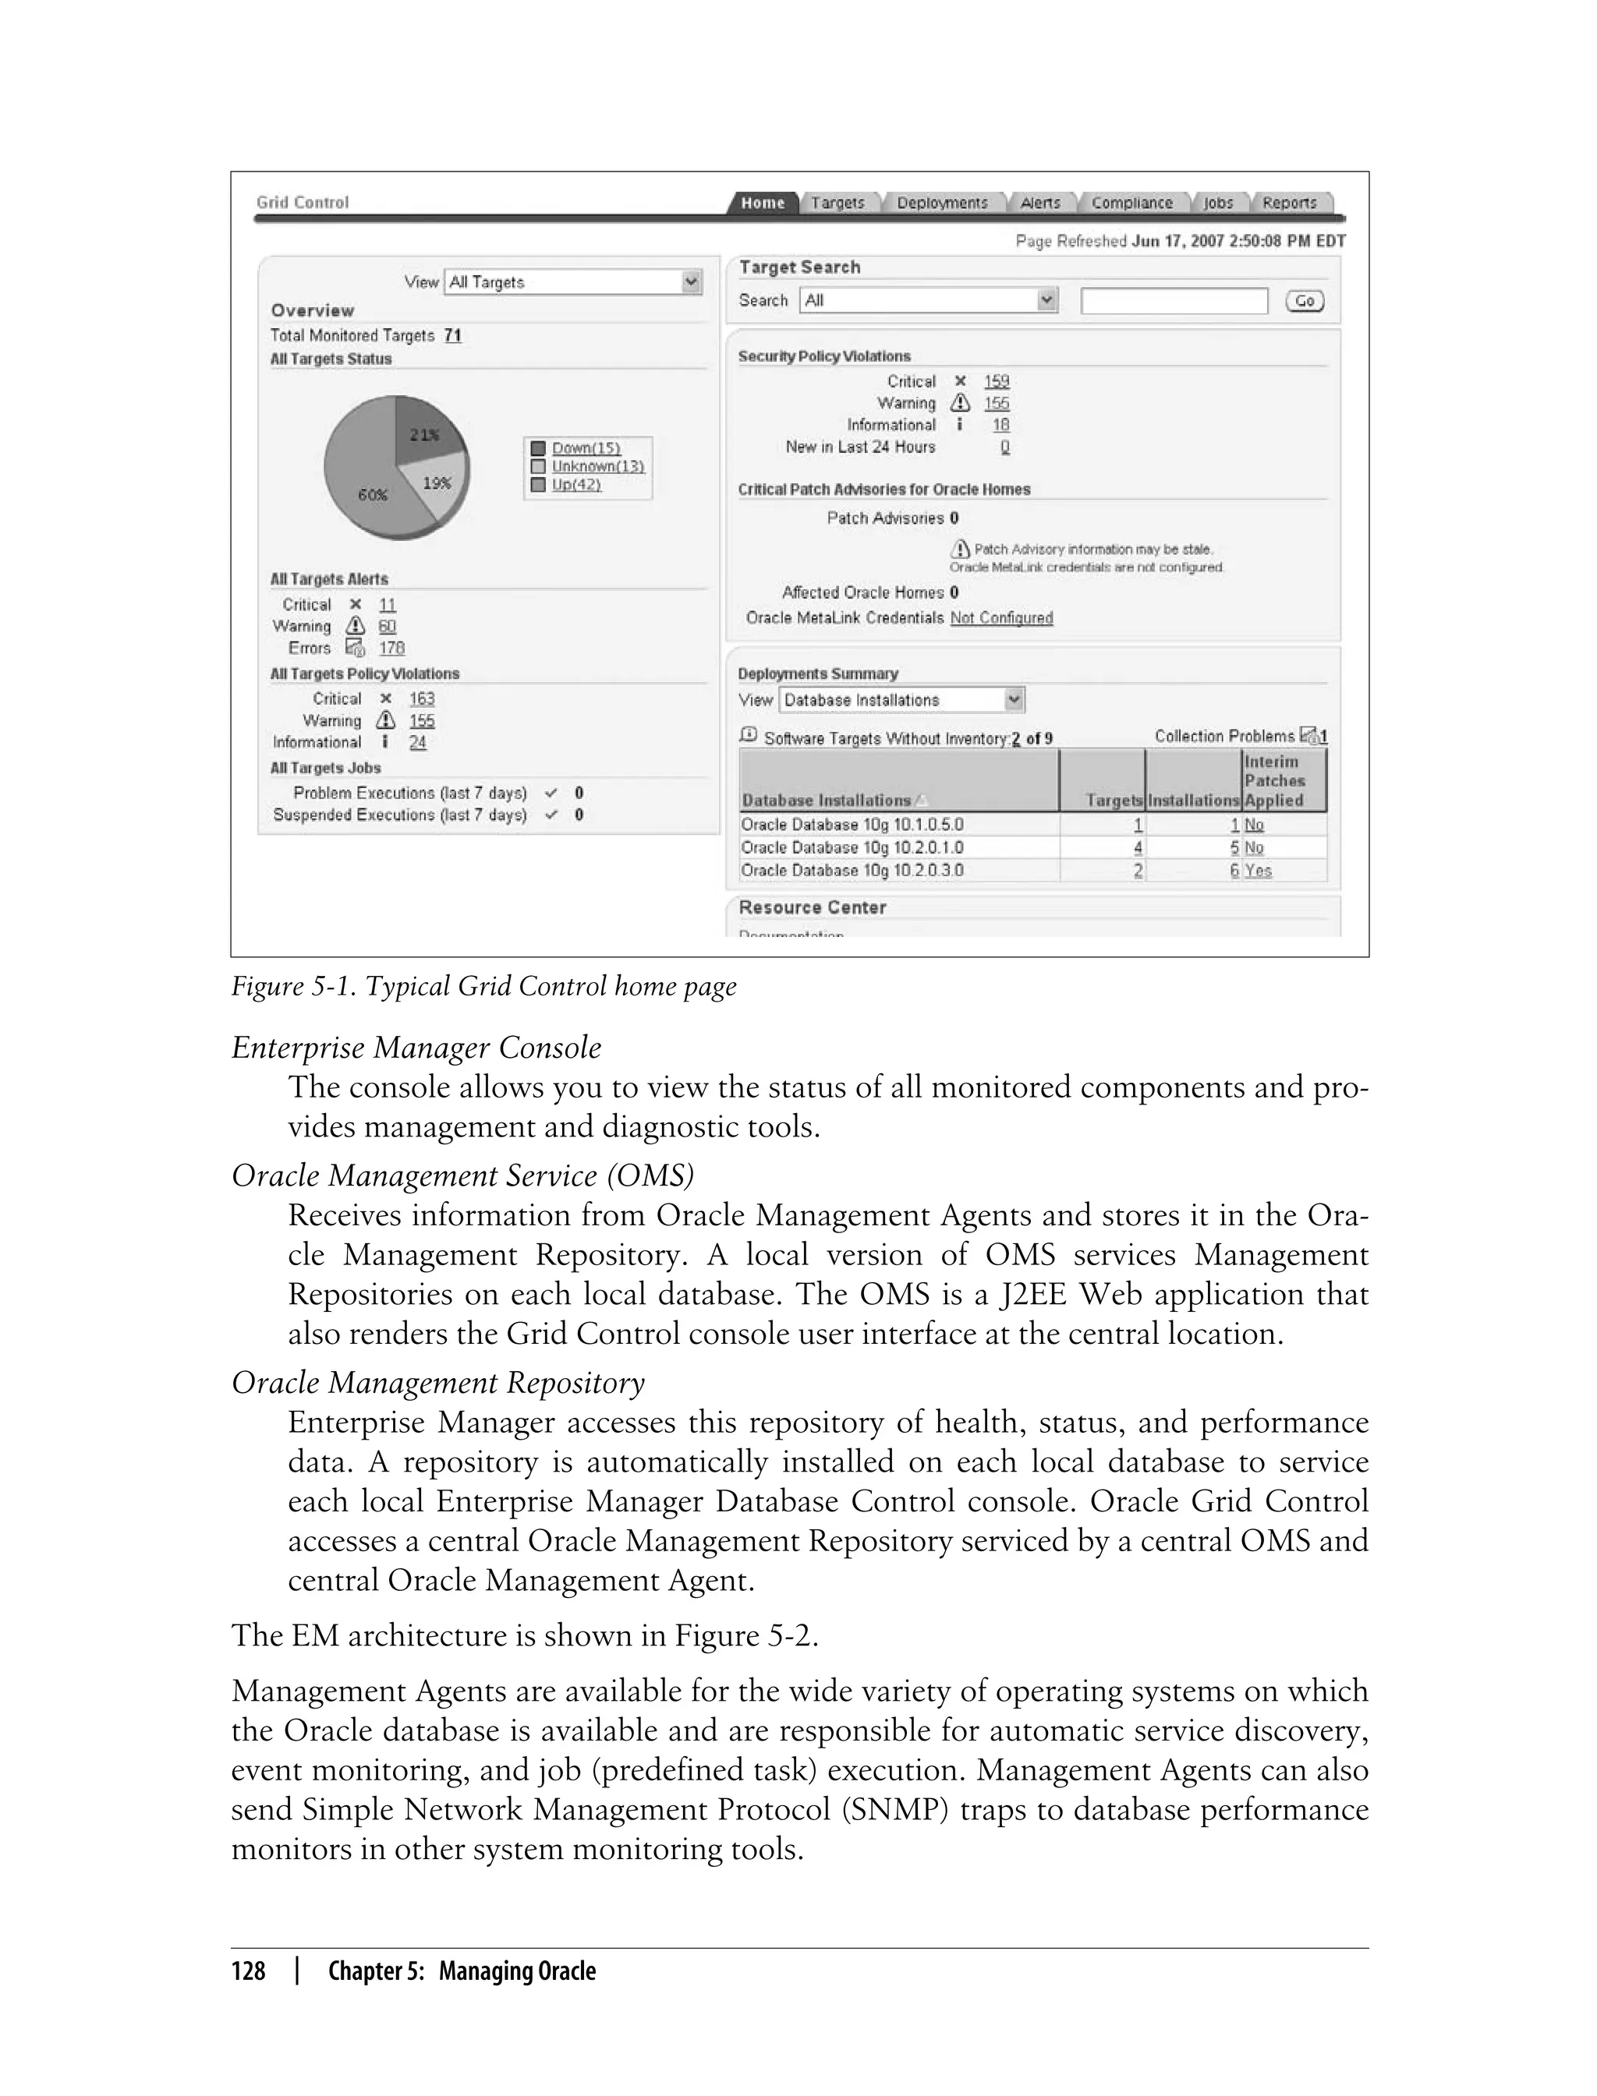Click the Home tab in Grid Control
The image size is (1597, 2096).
(763, 203)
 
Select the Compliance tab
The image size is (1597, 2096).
(1131, 203)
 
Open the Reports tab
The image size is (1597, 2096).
(1289, 203)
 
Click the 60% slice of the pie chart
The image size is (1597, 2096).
(366, 490)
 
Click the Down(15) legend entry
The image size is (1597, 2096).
(586, 447)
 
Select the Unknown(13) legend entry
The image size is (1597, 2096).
(597, 465)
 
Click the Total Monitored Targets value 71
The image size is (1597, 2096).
(452, 335)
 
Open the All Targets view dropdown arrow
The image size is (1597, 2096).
(691, 281)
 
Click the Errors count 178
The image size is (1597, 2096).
(391, 648)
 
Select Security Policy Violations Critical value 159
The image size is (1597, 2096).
(997, 381)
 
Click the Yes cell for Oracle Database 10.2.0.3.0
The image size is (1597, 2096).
(1258, 871)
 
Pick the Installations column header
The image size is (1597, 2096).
(1193, 800)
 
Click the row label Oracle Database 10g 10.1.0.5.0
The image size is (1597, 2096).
(852, 825)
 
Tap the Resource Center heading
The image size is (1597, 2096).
(812, 907)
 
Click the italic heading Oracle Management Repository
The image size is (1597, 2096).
(438, 1383)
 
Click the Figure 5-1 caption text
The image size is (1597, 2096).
(483, 986)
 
